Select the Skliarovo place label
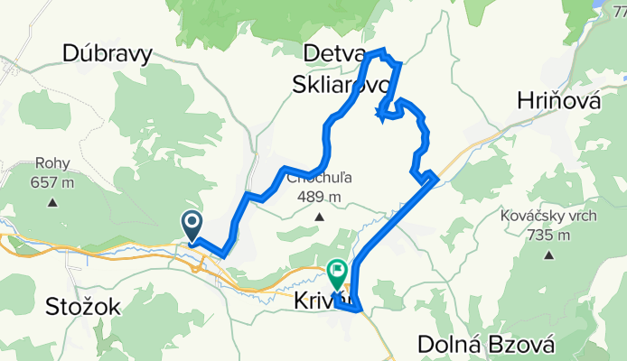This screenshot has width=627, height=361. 341,85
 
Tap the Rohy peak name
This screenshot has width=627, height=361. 51,163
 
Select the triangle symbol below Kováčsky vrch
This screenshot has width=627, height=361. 548,255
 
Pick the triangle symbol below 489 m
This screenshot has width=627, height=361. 320,217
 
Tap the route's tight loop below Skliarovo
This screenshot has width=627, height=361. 388,112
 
